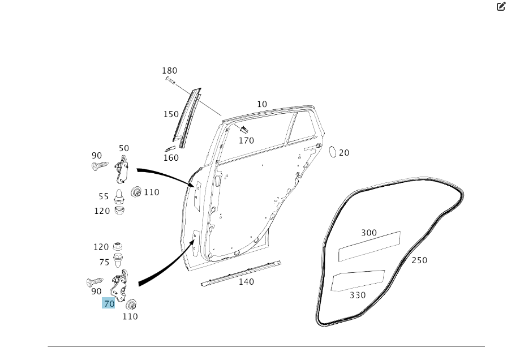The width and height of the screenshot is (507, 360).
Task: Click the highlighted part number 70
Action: pyautogui.click(x=109, y=303)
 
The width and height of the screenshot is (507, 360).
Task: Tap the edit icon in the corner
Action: pyautogui.click(x=501, y=6)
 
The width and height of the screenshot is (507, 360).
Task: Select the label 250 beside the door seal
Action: pyautogui.click(x=419, y=260)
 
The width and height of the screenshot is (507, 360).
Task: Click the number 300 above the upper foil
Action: pyautogui.click(x=368, y=233)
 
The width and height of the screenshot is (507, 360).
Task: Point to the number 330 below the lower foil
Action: pyautogui.click(x=358, y=295)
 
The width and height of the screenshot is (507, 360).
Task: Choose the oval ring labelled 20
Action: pyautogui.click(x=332, y=152)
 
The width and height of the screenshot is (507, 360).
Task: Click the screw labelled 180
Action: pyautogui.click(x=170, y=80)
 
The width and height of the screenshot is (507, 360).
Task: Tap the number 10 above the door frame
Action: pyautogui.click(x=262, y=104)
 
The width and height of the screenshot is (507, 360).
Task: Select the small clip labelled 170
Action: pyautogui.click(x=244, y=130)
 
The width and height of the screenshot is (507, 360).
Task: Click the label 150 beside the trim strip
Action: pyautogui.click(x=171, y=114)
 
